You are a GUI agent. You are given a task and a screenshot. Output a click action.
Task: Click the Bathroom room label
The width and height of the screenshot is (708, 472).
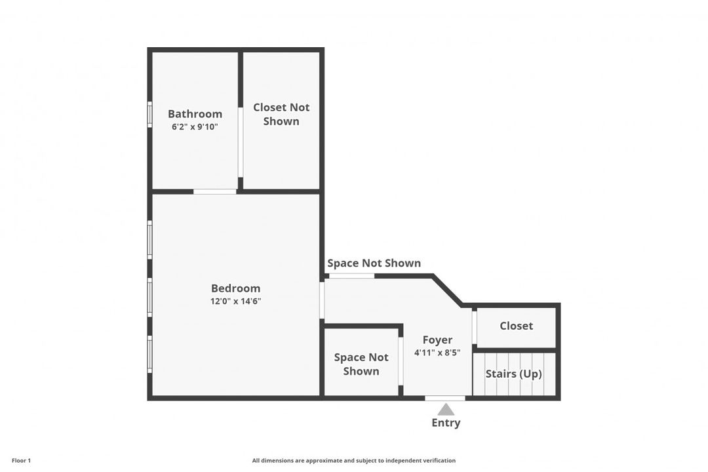[195, 114]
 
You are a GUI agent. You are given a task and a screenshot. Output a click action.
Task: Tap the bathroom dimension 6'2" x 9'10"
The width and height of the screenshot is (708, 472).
[195, 127]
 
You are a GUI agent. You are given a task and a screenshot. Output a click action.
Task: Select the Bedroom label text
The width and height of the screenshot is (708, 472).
[236, 288]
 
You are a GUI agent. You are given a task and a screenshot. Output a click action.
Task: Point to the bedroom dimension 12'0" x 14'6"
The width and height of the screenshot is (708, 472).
[236, 302]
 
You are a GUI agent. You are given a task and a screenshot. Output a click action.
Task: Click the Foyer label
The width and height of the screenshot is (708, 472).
[437, 340]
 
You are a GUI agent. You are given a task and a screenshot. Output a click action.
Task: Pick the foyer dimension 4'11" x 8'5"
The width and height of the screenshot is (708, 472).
[437, 353]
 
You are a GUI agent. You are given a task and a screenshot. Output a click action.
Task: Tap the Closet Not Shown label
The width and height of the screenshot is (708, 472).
[281, 114]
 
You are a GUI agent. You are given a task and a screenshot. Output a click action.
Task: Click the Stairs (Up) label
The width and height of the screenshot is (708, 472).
[514, 374]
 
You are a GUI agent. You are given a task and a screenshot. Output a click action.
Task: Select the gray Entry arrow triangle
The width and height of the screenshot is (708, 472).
[446, 410]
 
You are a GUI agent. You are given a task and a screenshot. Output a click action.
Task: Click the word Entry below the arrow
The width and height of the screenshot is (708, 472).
[446, 423]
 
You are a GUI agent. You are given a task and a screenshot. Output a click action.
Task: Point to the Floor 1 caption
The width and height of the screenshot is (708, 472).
[21, 461]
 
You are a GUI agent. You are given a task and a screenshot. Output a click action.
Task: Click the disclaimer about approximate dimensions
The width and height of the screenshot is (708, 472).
[353, 461]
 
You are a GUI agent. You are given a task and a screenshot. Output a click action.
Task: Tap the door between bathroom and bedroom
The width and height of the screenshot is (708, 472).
[215, 191]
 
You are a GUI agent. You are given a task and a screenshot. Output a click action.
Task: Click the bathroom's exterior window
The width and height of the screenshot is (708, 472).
[150, 114]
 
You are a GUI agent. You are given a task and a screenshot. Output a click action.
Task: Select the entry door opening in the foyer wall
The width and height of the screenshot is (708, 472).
[445, 398]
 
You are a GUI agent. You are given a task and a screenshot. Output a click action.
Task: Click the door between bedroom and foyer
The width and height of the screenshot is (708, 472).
[322, 300]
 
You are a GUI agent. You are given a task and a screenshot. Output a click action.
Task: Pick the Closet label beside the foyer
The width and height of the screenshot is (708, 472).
[516, 326]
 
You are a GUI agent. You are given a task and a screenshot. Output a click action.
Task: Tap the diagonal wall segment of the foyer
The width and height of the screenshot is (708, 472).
[447, 290]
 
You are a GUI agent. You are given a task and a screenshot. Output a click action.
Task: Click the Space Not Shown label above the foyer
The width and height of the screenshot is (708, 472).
[374, 263]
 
